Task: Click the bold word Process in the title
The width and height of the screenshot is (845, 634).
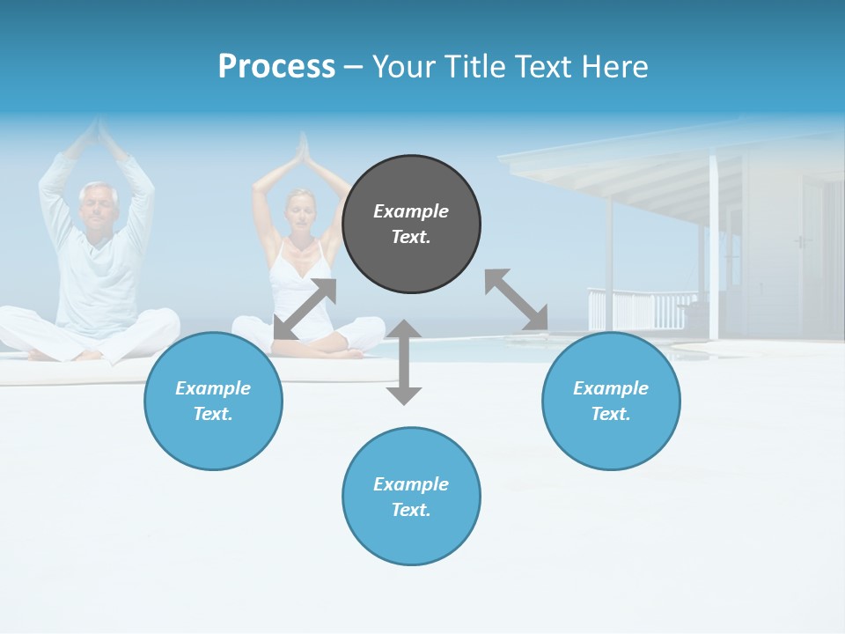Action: pos(276,66)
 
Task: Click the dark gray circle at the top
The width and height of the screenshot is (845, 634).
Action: pos(411,225)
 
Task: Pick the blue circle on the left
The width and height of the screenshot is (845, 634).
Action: pos(213,401)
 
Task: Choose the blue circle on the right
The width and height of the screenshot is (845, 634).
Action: pos(611,401)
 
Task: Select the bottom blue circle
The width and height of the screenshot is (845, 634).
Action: pos(411,497)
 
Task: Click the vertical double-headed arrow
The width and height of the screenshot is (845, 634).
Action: pos(404,362)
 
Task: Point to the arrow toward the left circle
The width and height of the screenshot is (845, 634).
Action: pos(305,308)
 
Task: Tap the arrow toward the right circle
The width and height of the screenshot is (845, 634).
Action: pos(516,299)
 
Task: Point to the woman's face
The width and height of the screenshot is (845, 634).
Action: pos(301,211)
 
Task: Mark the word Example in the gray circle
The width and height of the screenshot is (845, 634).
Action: pos(411,211)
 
